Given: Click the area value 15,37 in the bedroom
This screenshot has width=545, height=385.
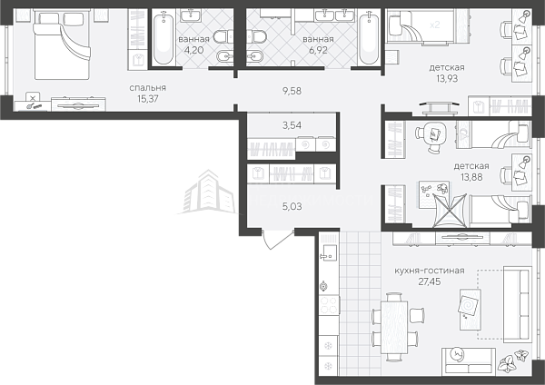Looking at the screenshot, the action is click(148, 99).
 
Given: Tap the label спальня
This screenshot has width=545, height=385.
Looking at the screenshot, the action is click(148, 88).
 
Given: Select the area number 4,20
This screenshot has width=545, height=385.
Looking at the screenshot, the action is click(193, 50).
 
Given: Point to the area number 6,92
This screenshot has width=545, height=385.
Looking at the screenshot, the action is click(318, 50).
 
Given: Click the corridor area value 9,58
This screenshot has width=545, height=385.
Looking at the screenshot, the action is click(292, 91).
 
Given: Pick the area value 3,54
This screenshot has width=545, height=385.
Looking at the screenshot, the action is click(292, 125).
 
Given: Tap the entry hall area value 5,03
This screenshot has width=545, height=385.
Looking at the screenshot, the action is click(292, 207).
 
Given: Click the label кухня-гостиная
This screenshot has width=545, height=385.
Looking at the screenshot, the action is click(430, 271).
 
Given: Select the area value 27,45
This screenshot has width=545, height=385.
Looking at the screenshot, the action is click(430, 281).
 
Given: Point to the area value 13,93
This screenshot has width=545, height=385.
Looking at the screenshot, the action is click(447, 78).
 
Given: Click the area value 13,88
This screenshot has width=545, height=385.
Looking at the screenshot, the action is click(471, 177).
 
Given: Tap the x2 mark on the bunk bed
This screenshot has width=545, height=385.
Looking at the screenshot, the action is click(435, 25).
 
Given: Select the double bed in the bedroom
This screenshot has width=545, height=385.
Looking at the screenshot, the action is click(62, 45).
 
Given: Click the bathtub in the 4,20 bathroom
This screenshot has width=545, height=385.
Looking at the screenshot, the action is click(163, 37).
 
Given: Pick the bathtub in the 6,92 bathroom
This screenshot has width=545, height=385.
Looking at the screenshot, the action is click(368, 37).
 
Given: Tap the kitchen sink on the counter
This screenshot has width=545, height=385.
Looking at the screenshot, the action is click(328, 252).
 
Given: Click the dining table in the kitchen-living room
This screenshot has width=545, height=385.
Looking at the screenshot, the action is click(394, 327).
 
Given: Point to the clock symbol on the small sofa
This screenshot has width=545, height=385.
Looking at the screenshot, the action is click(456, 354).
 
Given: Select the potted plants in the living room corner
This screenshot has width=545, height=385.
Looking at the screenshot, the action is click(514, 360).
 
